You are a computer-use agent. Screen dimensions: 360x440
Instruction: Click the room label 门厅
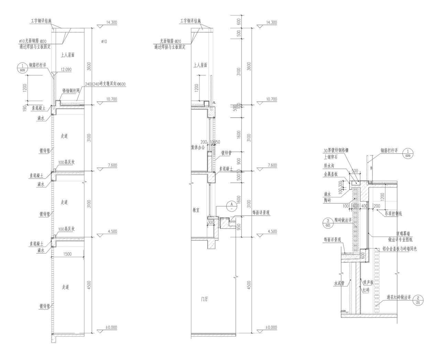pyautogui.click(x=205, y=299)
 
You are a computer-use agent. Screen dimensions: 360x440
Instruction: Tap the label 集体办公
pyautogui.click(x=198, y=147)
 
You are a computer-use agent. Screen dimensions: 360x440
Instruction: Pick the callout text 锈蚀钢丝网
pyautogui.click(x=71, y=91)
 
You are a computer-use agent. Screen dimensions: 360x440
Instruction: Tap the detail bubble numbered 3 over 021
pyautogui.click(x=328, y=223)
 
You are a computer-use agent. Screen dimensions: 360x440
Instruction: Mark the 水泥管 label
pyautogui.click(x=339, y=284)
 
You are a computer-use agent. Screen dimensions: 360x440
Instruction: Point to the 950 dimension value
pyautogui.click(x=239, y=227)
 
